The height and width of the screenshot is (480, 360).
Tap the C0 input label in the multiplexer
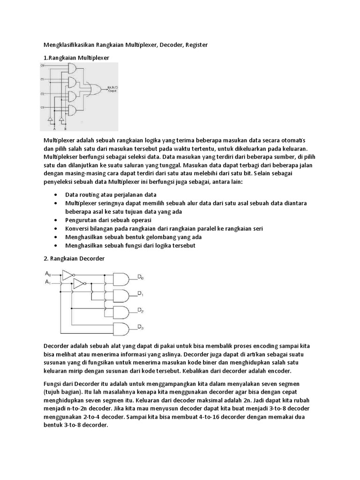(43, 66)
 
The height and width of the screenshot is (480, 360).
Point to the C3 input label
(43, 108)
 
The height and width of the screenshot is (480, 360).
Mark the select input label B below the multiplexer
(65, 128)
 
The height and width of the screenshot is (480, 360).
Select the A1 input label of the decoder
(48, 282)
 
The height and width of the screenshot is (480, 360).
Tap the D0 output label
(140, 278)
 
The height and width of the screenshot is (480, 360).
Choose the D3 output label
(140, 327)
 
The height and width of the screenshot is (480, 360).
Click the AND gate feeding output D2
(121, 312)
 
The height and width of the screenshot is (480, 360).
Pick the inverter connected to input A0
(67, 275)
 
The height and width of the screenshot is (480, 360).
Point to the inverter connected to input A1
(78, 282)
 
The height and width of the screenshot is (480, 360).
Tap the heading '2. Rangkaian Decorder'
(74, 258)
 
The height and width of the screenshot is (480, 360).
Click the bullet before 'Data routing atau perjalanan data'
(56, 195)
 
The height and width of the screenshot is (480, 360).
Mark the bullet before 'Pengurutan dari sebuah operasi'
(56, 220)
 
